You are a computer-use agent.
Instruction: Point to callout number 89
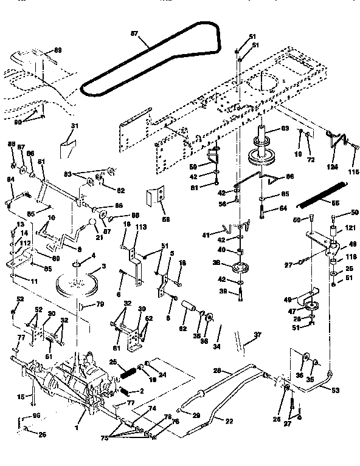click(x=58, y=50)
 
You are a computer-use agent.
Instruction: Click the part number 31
click(x=74, y=126)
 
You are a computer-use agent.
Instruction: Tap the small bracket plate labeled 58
click(x=156, y=197)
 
